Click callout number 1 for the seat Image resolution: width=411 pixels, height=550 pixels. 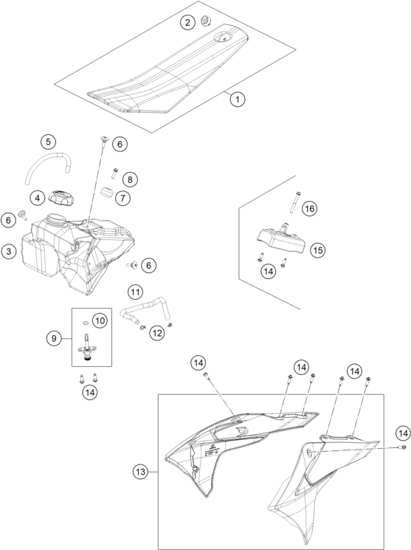(238, 99)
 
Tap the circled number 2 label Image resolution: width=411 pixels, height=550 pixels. (187, 23)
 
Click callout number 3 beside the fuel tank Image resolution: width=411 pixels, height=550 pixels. (8, 251)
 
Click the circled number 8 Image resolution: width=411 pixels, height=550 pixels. (130, 179)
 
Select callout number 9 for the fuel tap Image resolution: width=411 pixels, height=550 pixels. (54, 338)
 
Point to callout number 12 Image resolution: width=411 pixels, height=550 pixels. (157, 332)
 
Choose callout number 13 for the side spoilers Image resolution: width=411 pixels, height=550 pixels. (140, 472)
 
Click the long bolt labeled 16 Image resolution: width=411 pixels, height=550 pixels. (293, 202)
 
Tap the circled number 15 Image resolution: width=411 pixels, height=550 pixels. (318, 250)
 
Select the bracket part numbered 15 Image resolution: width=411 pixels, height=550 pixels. (280, 238)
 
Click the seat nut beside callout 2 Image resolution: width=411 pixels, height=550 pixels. (205, 21)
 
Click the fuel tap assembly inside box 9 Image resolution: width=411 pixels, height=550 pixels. (86, 348)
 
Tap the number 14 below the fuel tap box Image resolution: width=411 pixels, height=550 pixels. (90, 392)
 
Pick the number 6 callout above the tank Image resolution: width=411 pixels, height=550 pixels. (120, 144)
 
